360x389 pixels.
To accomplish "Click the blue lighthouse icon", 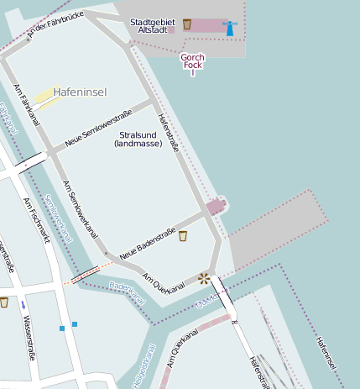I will (x=229, y=28).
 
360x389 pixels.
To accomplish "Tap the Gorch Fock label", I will (x=192, y=63).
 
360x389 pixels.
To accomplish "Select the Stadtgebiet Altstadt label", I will (x=153, y=25).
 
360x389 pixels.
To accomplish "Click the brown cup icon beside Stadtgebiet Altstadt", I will (x=186, y=24).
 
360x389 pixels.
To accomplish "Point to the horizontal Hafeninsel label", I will (x=80, y=92).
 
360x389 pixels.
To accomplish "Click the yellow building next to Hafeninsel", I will (x=47, y=98).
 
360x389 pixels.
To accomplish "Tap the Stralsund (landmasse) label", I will (x=139, y=139).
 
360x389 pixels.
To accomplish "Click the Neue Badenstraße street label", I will (x=147, y=244).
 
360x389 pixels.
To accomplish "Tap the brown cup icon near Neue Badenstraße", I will (x=183, y=237).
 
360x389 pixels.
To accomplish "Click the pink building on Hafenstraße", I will (x=216, y=206).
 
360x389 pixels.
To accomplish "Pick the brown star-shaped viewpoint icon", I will (x=203, y=277).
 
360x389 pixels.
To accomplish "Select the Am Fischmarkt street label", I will (x=36, y=219).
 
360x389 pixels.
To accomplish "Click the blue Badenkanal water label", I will (x=128, y=292).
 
